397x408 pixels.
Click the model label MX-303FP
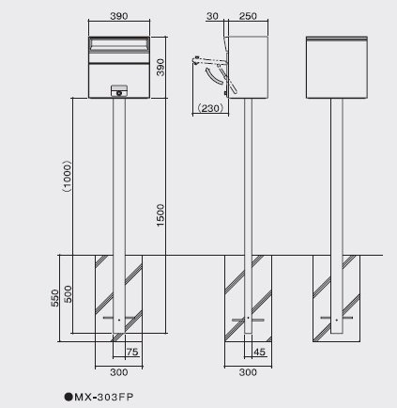[104, 397]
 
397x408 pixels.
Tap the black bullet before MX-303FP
[69, 397]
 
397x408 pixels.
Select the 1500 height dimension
[160, 215]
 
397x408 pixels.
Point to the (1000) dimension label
[67, 176]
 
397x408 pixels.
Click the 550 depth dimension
[54, 298]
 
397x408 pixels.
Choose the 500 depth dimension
[68, 294]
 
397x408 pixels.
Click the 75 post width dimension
[132, 352]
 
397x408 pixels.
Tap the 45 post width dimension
[259, 352]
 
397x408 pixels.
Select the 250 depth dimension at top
[248, 16]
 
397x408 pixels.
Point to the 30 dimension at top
[212, 16]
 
